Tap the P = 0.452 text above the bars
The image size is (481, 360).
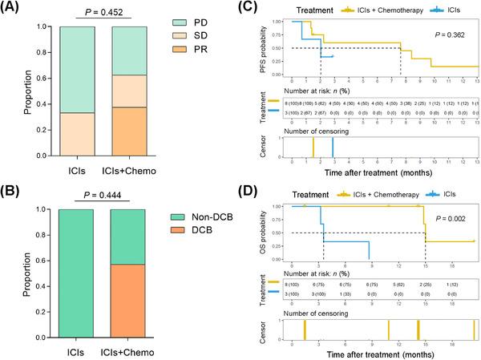pos(91,12)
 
